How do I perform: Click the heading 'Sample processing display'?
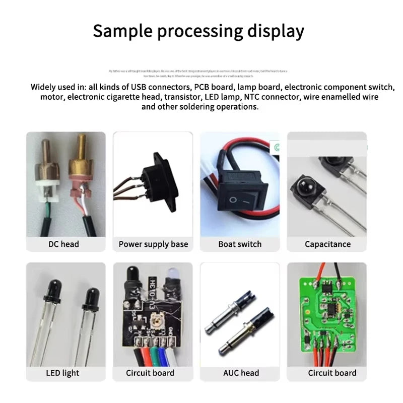tap(198, 31)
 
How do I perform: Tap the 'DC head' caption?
tap(63, 244)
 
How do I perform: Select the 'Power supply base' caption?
tap(153, 244)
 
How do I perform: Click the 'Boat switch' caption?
tap(240, 244)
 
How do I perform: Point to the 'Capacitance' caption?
tap(327, 244)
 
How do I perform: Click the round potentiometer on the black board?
tap(152, 319)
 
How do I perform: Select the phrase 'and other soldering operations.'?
tap(200, 107)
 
